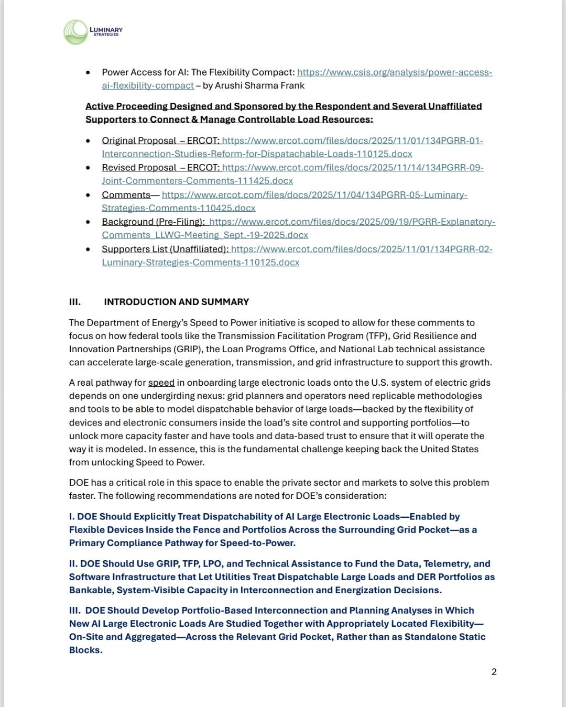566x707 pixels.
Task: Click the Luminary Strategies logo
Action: (x=92, y=32)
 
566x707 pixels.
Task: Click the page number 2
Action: (x=494, y=672)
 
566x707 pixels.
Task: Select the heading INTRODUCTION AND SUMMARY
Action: (x=176, y=302)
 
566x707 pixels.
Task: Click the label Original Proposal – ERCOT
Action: (x=160, y=140)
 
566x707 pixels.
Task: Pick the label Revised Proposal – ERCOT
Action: (x=160, y=168)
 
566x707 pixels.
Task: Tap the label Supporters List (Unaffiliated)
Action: (x=165, y=249)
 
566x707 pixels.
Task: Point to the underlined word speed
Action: (x=161, y=383)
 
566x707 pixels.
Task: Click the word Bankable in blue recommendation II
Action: (x=91, y=590)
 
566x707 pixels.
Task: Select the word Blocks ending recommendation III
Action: (x=85, y=650)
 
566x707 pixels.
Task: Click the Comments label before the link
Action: (x=126, y=195)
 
